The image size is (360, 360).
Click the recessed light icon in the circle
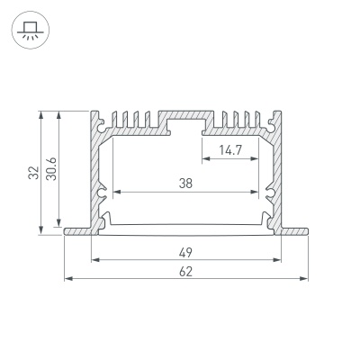coord(31,31)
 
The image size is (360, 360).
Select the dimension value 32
coord(34,173)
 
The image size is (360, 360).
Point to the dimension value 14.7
coord(230,149)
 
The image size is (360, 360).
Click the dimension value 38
coord(185,184)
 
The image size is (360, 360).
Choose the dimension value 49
coord(185,253)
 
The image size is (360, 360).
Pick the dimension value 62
coord(185,272)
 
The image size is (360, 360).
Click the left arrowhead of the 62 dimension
coord(68,279)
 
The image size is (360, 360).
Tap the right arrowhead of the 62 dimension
coord(304,279)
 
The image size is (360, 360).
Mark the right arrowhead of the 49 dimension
coord(277,260)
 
